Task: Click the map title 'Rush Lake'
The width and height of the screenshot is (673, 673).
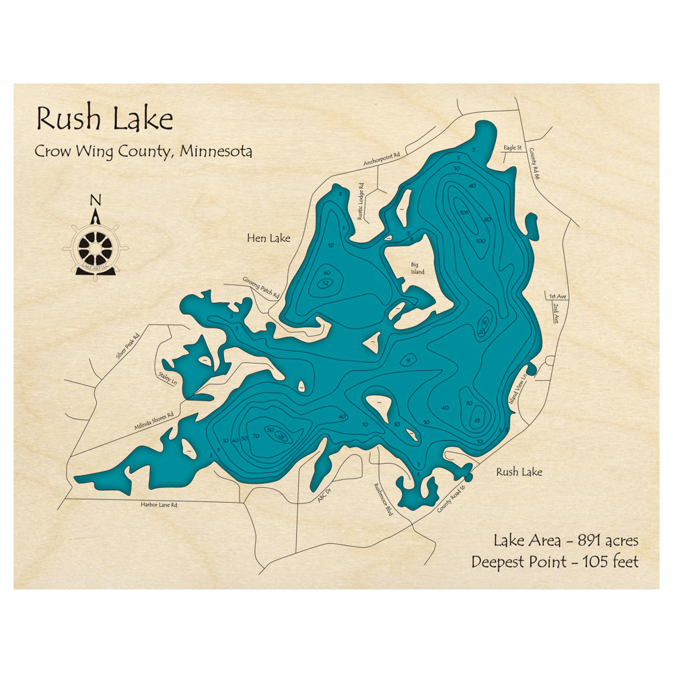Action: [x=104, y=119]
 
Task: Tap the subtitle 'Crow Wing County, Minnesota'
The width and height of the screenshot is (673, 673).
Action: [x=143, y=151]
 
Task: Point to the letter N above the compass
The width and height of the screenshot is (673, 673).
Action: [x=96, y=200]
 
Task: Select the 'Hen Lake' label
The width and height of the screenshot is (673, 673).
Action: [x=269, y=238]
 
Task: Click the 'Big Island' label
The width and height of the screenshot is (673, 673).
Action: [x=418, y=269]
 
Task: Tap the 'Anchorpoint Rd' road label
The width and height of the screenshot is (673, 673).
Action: [x=382, y=159]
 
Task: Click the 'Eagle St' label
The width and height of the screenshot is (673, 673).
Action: [x=513, y=147]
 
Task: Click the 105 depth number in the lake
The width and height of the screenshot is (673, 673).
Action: [x=464, y=213]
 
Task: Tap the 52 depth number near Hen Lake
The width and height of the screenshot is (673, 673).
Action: [x=326, y=283]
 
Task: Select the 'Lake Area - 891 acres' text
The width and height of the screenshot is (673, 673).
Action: [x=566, y=540]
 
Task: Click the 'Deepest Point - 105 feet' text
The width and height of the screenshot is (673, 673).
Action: [x=555, y=561]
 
